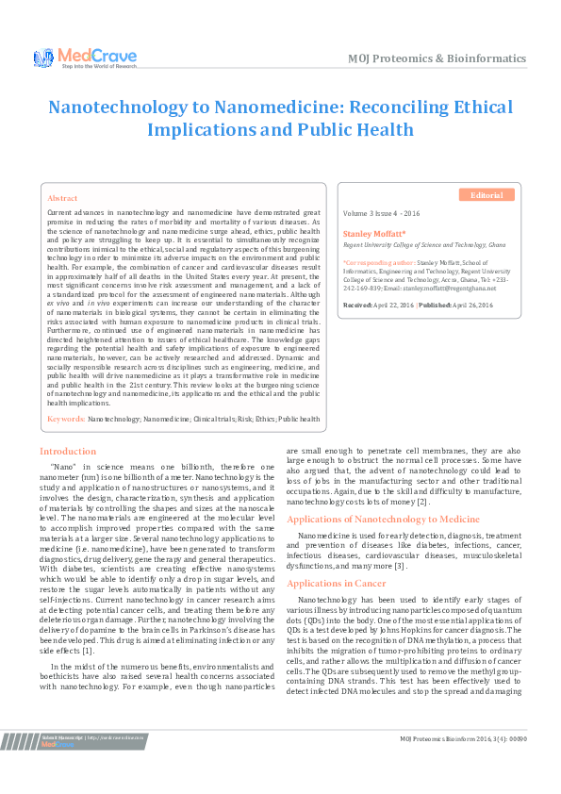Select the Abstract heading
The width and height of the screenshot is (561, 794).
(62, 199)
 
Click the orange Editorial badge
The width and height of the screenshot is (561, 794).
(487, 195)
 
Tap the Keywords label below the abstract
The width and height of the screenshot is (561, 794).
(66, 417)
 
